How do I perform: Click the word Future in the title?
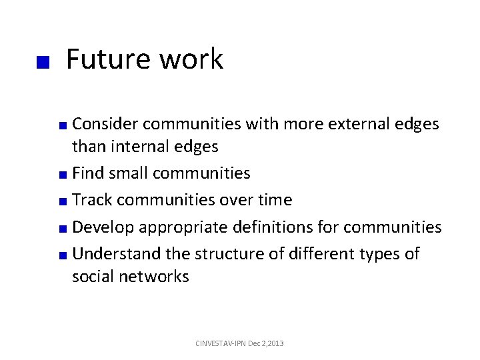(107, 60)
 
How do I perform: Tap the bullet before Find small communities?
(62, 175)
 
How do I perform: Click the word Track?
(92, 200)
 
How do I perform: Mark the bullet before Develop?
(62, 229)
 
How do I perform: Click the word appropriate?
(181, 228)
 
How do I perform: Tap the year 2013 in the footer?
(275, 343)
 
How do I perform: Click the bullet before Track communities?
(62, 202)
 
